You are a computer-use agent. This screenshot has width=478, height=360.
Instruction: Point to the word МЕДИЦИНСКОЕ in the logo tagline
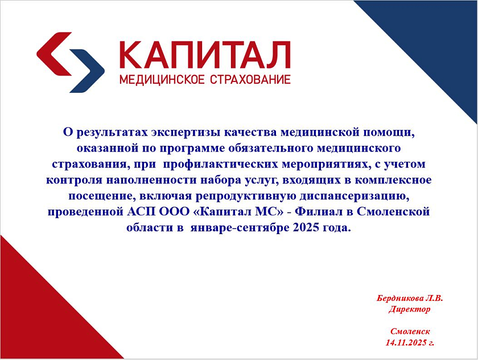coord(162,80)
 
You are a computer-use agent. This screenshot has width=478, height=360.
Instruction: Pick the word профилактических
coord(221,165)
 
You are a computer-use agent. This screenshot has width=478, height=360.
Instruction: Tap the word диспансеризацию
coord(354,196)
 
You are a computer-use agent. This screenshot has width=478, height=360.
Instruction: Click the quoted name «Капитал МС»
coord(237,211)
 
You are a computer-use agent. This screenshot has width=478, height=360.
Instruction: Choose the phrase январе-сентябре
coord(240,228)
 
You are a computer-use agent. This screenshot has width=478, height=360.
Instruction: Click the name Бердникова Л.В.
coord(410,298)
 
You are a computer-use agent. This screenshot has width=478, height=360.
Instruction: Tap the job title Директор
coord(409,309)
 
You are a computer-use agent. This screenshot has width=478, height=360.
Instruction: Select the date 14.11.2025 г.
coord(410,342)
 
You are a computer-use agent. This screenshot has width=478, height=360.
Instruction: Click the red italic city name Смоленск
coord(410,332)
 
